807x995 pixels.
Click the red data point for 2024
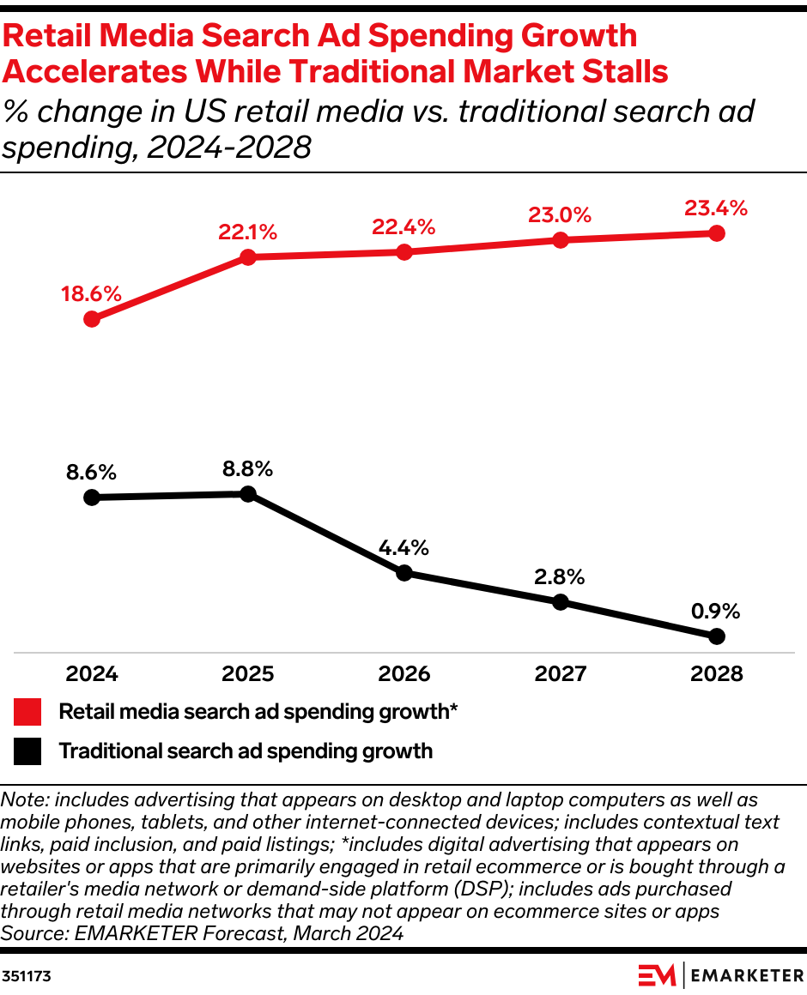point(91,319)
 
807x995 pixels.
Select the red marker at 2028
point(717,233)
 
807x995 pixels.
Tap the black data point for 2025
point(247,493)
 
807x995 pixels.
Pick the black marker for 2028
point(717,636)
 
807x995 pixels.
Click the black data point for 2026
point(404,573)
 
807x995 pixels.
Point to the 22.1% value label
point(247,232)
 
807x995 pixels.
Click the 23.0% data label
point(560,214)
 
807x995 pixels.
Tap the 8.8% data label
point(247,468)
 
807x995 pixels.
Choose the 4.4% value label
point(404,547)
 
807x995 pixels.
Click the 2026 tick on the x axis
point(404,674)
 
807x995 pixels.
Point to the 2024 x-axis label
point(91,674)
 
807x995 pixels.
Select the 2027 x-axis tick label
point(560,674)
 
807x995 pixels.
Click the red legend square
point(27,712)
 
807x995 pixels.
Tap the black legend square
point(27,752)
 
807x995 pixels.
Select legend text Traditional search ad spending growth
point(246,752)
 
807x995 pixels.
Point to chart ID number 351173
point(25,976)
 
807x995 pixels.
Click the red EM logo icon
point(657,975)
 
